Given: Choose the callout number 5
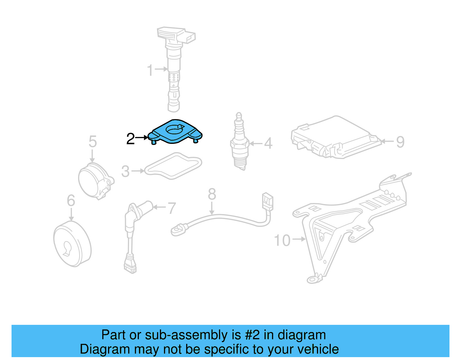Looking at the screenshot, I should [x=92, y=142].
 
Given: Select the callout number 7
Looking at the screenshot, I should [x=172, y=208].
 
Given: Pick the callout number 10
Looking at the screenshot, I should [x=282, y=240].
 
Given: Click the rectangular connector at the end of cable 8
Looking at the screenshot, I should [x=268, y=201].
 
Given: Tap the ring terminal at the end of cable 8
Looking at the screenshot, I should [x=178, y=230].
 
